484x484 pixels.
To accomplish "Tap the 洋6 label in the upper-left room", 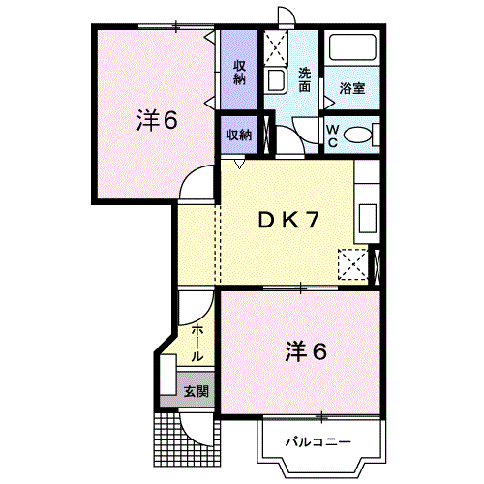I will (158, 121).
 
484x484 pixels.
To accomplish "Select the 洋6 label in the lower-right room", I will (305, 351).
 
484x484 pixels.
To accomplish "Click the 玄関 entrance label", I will (197, 393).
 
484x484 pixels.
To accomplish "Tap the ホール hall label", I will (197, 344).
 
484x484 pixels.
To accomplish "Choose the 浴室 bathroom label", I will (352, 89).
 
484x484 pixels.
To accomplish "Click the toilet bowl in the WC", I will (358, 135).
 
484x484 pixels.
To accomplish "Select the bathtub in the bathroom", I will (352, 49).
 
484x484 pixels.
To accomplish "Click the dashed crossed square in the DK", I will (352, 263).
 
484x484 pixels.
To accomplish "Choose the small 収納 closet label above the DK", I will (239, 136).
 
